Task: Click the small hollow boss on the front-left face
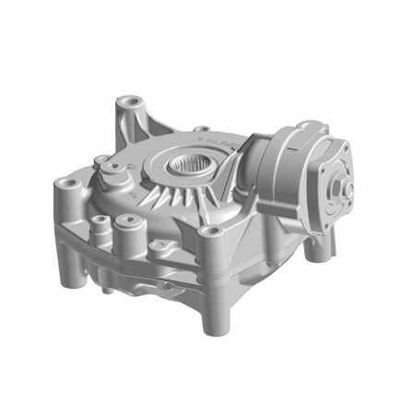96,221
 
